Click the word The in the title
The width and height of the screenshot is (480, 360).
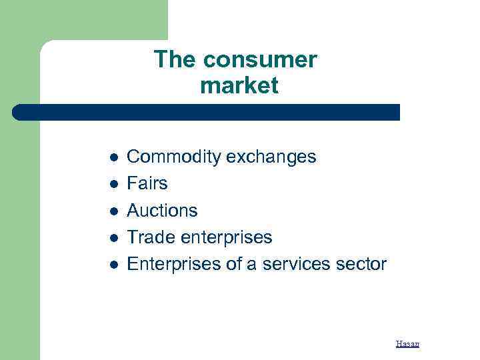175,60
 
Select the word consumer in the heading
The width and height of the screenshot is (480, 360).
260,60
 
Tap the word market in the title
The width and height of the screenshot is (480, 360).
239,86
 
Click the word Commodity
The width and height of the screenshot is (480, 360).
174,157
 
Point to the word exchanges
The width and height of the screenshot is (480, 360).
271,157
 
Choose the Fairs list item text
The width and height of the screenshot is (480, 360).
147,183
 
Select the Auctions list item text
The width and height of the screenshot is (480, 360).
162,211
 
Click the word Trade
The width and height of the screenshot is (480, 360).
148,237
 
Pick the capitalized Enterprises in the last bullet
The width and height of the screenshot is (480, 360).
169,264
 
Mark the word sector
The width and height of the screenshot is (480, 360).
360,264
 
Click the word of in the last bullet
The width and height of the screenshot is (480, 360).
224,264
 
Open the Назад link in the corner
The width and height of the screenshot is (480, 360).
407,344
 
